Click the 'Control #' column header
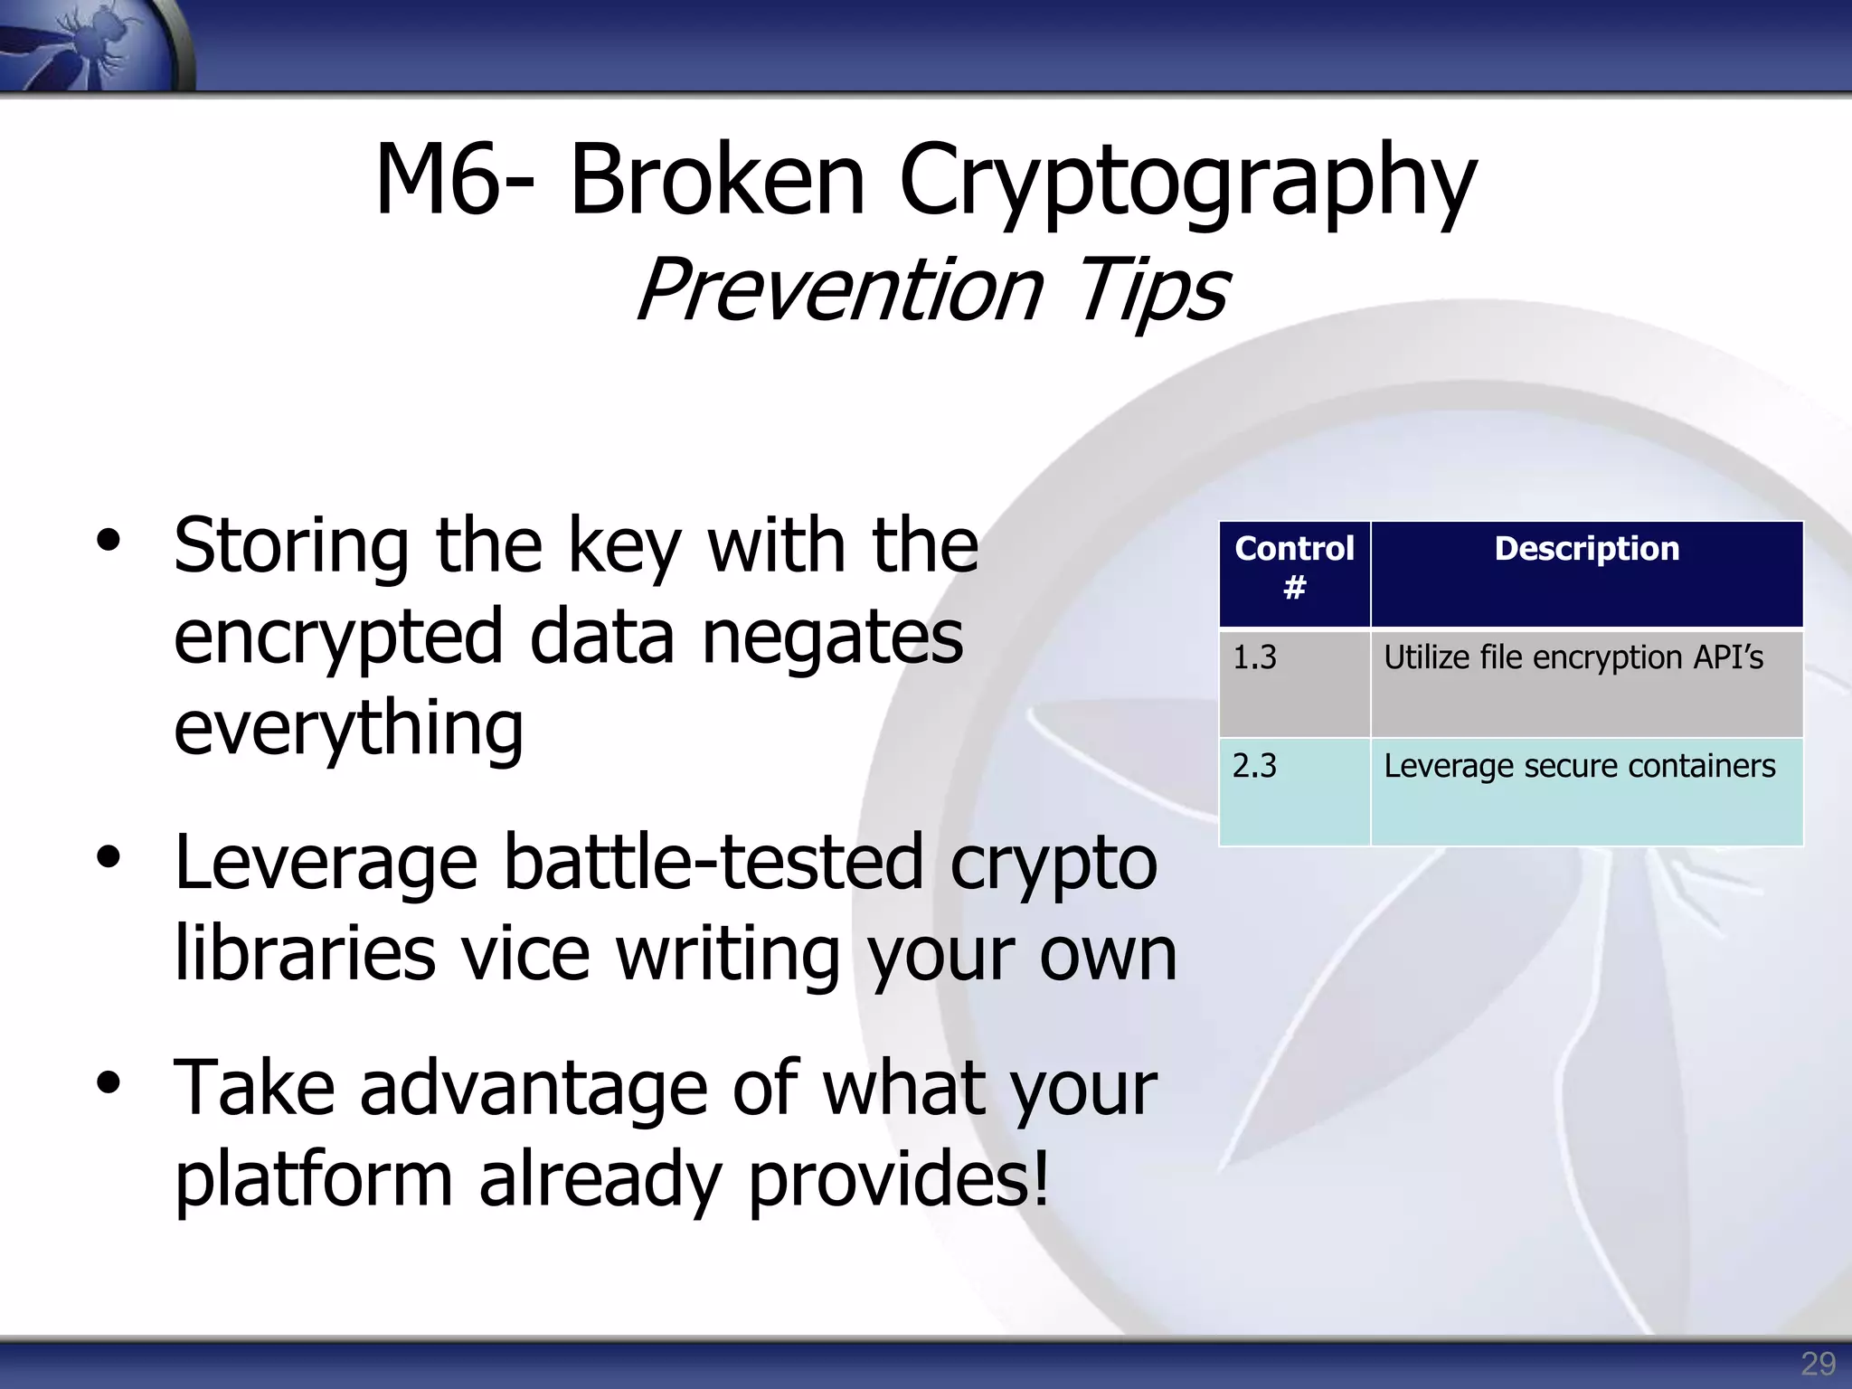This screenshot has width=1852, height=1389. point(1294,568)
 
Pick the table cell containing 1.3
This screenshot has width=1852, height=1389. point(1294,683)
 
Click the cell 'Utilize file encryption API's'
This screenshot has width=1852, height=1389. point(1586,683)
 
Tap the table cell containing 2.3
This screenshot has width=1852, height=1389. point(1294,792)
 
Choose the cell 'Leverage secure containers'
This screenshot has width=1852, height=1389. point(1586,792)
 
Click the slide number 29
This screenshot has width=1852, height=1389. point(1818,1364)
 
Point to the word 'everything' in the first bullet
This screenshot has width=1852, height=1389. point(348,728)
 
